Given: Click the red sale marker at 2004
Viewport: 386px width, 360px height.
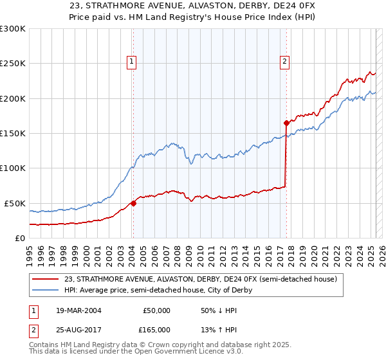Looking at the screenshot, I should point(133,203).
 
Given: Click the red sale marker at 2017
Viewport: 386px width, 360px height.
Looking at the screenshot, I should point(286,122).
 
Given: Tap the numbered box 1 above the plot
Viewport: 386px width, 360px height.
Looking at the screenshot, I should point(131,62).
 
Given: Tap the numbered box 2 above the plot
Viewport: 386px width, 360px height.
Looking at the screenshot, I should point(284,62).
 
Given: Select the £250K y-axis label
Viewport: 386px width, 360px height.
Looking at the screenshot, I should point(13,64).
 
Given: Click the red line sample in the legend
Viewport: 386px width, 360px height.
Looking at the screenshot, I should point(46,279).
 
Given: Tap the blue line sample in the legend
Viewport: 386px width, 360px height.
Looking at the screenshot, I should point(46,290).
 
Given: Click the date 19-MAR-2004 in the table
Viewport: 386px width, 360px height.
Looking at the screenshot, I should point(78,310).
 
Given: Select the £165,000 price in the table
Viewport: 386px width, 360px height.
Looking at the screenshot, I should point(156,329).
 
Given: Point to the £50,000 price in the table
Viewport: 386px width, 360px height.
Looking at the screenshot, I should point(156,310).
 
